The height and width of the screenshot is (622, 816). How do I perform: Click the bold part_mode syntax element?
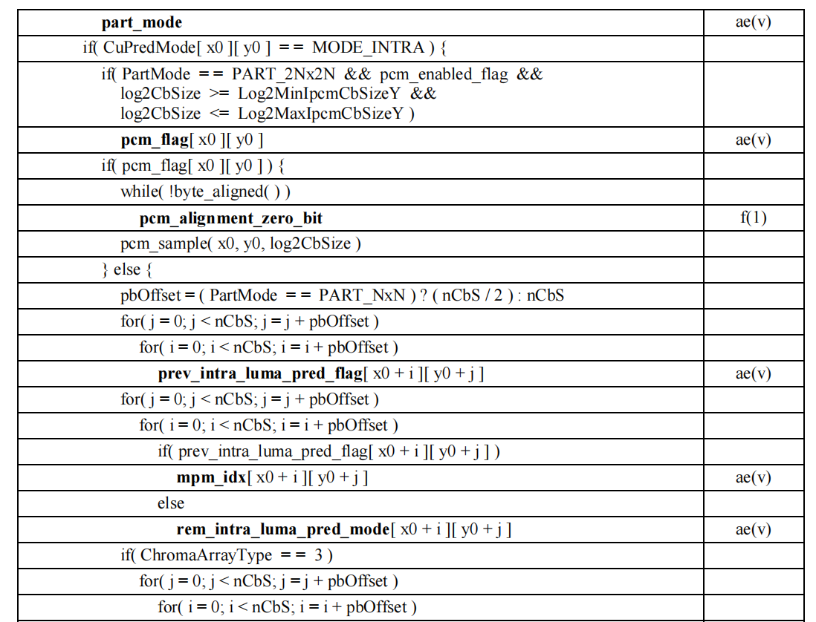coord(141,23)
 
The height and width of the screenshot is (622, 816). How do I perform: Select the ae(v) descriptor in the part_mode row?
coord(753,22)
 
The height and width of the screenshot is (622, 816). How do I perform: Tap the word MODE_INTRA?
coord(368,49)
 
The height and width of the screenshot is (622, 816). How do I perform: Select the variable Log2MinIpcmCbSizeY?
coord(321,94)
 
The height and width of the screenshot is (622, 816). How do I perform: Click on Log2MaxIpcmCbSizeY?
coord(323,114)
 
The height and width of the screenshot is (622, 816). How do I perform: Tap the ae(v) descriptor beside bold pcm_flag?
coord(753,140)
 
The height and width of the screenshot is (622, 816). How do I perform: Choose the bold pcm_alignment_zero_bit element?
coord(230,218)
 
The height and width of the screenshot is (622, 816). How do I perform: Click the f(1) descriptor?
coord(753,218)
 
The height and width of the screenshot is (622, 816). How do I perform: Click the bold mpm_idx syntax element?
coord(211,478)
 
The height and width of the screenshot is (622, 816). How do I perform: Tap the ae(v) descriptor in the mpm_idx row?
coord(753,478)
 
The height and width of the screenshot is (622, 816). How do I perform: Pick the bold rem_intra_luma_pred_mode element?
coord(283,530)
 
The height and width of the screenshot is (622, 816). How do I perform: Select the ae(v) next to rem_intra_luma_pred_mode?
coord(753,530)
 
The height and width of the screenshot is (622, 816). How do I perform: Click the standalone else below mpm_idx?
coord(170,504)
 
